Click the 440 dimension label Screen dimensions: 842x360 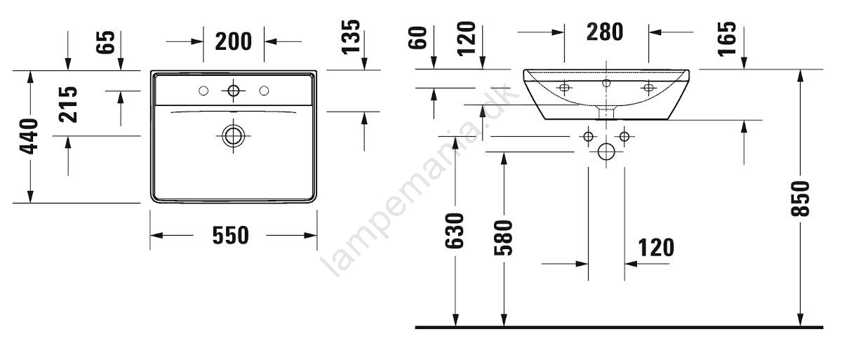pos(29,136)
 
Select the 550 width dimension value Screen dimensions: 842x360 pos(230,236)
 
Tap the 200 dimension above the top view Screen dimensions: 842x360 pos(233,41)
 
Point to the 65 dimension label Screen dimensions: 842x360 pos(105,42)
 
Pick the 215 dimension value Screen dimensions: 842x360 pos(69,105)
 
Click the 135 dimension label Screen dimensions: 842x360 pos(351,37)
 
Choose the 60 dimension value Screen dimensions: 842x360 pos(417,38)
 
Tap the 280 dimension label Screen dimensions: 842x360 pos(605,32)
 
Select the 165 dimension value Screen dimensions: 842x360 pos(727,39)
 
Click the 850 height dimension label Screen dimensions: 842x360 pos(800,199)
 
